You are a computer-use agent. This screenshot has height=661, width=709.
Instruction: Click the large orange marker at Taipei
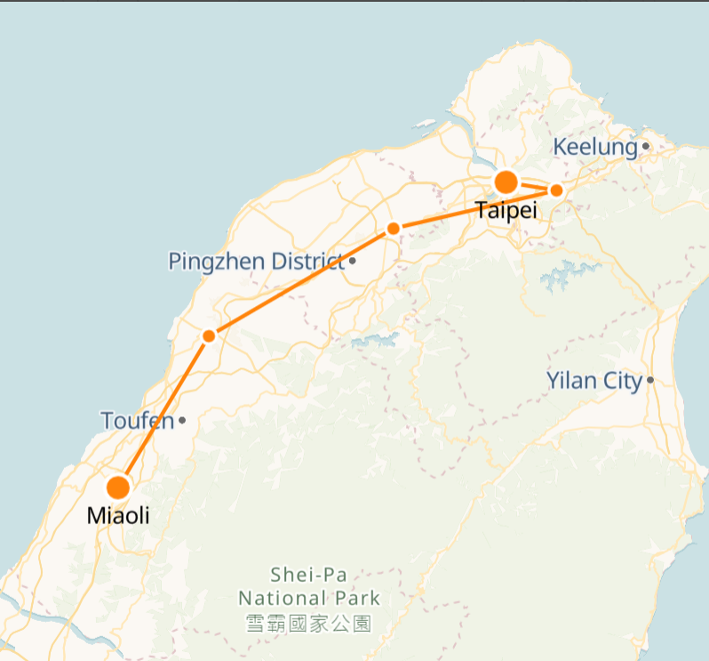click(506, 182)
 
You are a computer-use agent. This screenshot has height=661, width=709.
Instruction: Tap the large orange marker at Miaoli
click(118, 488)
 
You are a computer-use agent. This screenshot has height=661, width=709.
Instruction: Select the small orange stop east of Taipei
click(556, 189)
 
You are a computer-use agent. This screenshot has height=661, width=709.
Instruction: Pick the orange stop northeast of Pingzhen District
click(393, 229)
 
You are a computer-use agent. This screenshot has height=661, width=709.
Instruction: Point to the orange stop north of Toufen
click(209, 336)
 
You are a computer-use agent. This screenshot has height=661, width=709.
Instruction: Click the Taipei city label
click(506, 211)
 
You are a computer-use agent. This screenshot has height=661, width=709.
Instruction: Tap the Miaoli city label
click(117, 515)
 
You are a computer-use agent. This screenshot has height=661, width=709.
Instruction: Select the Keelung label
click(595, 147)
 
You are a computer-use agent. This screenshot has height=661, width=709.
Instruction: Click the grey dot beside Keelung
click(646, 147)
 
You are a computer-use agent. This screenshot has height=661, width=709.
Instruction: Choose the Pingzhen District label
click(255, 262)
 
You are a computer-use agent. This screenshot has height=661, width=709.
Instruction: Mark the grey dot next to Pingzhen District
click(353, 261)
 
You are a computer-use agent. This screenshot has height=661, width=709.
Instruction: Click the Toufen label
click(137, 420)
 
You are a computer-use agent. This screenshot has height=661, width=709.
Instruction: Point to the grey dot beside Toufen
click(182, 420)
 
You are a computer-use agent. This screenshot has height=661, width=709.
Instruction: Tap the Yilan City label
click(593, 382)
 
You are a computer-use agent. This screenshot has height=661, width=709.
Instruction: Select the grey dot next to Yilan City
click(650, 381)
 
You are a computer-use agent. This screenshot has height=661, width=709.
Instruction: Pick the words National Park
click(308, 598)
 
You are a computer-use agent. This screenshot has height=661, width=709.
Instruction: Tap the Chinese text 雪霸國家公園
click(308, 623)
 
